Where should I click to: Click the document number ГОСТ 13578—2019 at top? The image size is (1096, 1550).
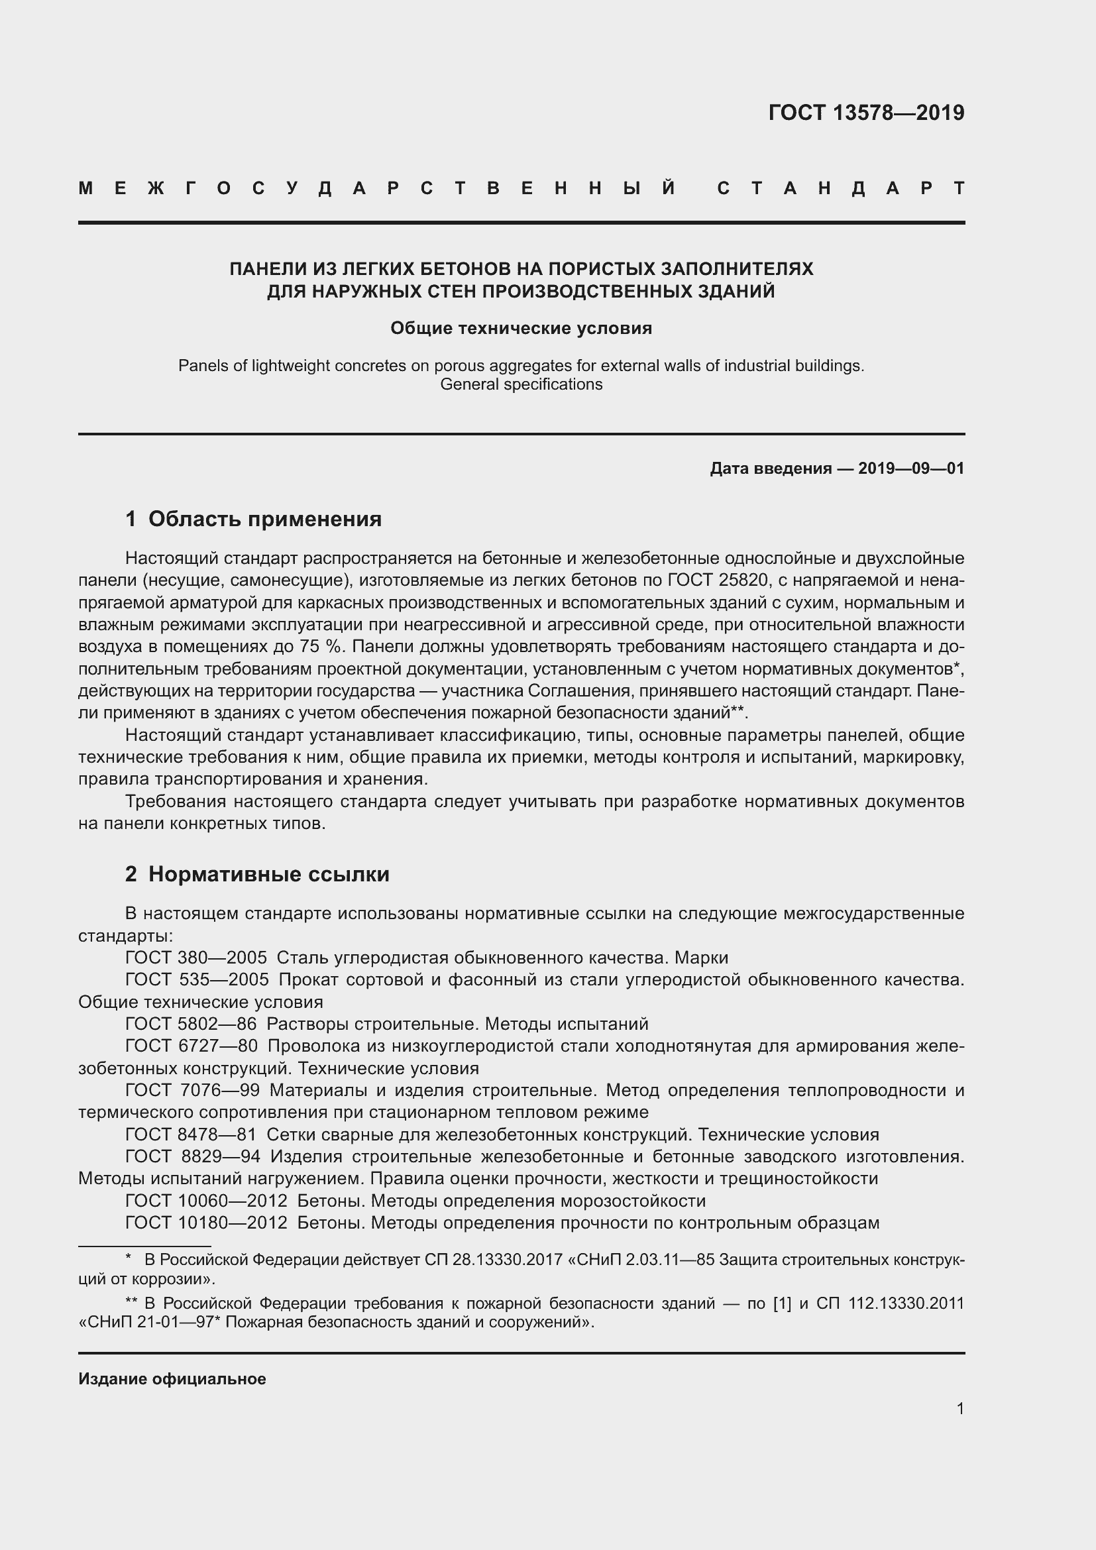[x=866, y=113]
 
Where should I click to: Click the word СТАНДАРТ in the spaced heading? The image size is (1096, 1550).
[x=840, y=188]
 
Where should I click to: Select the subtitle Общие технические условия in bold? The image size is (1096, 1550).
[x=521, y=328]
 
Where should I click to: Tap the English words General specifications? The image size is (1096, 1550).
[x=521, y=384]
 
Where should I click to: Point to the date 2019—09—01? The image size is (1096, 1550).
[x=910, y=469]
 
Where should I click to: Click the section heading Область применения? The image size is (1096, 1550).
[x=264, y=519]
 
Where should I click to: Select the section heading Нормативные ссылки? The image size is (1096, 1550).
[x=268, y=874]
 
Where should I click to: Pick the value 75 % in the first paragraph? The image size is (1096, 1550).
[x=320, y=647]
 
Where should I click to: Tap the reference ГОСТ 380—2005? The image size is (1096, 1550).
[x=195, y=958]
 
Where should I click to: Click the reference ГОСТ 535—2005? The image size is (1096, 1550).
[x=196, y=979]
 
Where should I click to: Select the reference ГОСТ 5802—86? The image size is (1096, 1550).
[x=191, y=1024]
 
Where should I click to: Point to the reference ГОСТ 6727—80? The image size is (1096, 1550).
[x=191, y=1046]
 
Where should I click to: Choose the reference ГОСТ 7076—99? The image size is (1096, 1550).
[x=192, y=1090]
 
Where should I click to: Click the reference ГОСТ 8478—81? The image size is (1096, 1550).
[x=191, y=1135]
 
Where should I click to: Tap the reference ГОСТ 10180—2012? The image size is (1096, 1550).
[x=206, y=1223]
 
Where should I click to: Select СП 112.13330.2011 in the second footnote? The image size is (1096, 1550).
[x=890, y=1303]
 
